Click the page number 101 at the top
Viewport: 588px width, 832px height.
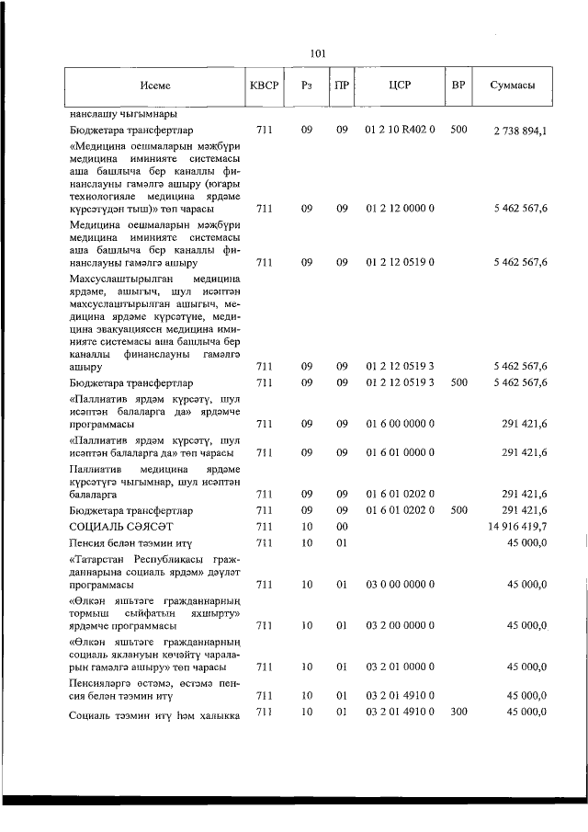tap(319, 52)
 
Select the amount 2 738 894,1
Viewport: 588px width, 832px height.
tap(520, 131)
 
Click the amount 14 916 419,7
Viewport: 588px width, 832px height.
tap(518, 526)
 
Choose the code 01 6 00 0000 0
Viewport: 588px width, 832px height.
tap(400, 424)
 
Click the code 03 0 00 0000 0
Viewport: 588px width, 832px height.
tap(400, 584)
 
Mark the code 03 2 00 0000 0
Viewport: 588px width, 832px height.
tap(400, 625)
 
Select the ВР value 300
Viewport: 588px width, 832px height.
tap(458, 712)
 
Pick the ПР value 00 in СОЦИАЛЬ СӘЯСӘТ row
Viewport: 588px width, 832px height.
tap(342, 526)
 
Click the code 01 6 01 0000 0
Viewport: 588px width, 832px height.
tap(400, 452)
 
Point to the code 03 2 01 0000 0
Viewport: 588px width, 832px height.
tap(400, 667)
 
